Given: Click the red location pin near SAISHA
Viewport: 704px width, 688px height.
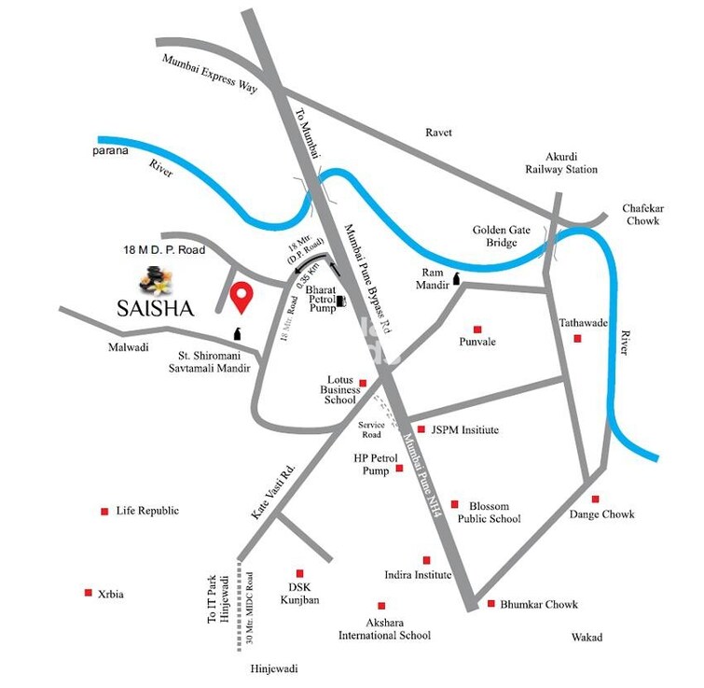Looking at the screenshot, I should point(242,295).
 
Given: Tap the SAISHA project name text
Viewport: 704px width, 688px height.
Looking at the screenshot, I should point(156,309).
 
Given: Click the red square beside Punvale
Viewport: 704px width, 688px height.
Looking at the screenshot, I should point(477,329).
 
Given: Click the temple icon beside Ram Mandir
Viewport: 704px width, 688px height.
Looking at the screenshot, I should point(457,277).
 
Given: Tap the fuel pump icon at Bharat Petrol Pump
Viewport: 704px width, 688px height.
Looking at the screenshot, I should point(341,301).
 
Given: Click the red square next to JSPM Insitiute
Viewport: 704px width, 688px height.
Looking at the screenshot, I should point(421,430).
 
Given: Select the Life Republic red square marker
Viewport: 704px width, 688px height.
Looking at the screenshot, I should point(104,511).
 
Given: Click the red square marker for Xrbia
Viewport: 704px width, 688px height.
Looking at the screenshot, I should point(89,593).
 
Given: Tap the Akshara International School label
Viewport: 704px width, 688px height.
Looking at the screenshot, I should point(384,628).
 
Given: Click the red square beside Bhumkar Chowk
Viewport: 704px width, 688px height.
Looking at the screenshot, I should point(490,604).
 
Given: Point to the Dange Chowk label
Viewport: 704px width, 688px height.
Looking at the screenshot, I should point(602,514).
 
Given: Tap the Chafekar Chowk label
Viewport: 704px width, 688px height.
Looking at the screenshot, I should point(642,215).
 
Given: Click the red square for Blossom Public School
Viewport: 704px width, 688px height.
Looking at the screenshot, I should point(455,502).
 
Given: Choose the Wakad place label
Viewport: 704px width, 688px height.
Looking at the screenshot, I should point(587,638).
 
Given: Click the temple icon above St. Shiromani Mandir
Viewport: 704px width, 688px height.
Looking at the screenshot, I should point(237,334).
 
